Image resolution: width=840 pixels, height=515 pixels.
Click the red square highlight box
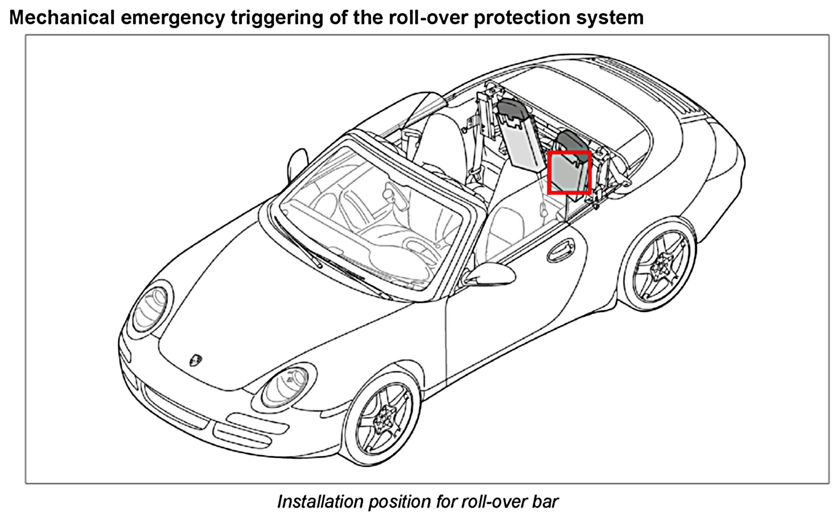(x=569, y=172)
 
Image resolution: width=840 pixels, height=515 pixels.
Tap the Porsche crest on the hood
(x=196, y=360)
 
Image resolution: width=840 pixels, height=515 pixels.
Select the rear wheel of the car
(x=659, y=265)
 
